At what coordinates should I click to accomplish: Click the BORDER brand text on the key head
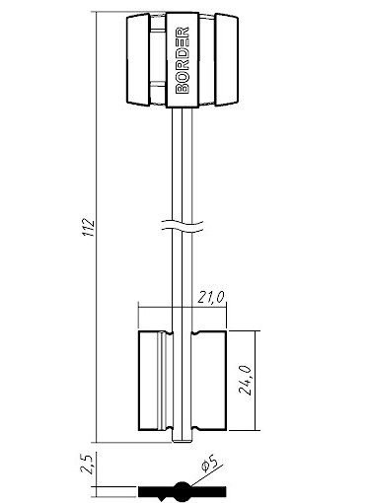click(183, 60)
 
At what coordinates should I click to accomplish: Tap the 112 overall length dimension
click(89, 227)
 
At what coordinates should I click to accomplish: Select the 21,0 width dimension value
click(211, 298)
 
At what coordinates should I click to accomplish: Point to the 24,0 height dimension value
click(245, 380)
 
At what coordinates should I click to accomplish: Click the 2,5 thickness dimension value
click(87, 464)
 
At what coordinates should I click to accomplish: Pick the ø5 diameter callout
click(209, 463)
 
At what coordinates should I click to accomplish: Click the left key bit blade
click(156, 381)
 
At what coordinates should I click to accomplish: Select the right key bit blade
click(208, 381)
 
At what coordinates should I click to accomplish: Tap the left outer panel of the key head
click(138, 59)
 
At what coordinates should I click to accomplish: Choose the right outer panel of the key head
click(227, 59)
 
